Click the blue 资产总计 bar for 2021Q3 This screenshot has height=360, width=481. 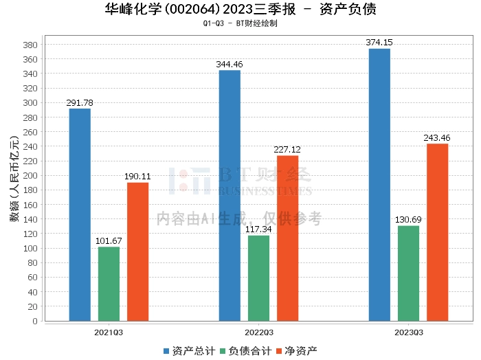point(80,214)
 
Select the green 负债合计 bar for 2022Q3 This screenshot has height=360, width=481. point(258,278)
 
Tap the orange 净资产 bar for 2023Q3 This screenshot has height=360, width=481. point(438,232)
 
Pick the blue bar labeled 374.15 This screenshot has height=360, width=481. point(379,185)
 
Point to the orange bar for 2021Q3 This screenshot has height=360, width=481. point(137,251)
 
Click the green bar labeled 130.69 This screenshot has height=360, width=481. point(408,273)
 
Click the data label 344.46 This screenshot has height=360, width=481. point(230,65)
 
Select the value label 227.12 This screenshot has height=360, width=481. point(287,150)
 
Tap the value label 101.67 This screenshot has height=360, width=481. point(109,241)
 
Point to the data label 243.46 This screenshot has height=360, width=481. point(437,138)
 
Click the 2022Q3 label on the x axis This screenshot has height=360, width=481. point(259,333)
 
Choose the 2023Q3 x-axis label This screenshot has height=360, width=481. point(409,333)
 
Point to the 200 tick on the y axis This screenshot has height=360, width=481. point(30,176)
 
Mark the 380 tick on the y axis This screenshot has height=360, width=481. point(30,45)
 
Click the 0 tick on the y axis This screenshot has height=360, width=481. point(35,321)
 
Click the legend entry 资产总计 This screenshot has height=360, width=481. point(189,351)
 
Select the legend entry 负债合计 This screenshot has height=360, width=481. point(246,351)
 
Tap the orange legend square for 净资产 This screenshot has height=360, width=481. point(279,351)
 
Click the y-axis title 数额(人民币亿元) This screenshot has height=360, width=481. point(14,179)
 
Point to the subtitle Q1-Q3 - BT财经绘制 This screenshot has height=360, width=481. point(240,23)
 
